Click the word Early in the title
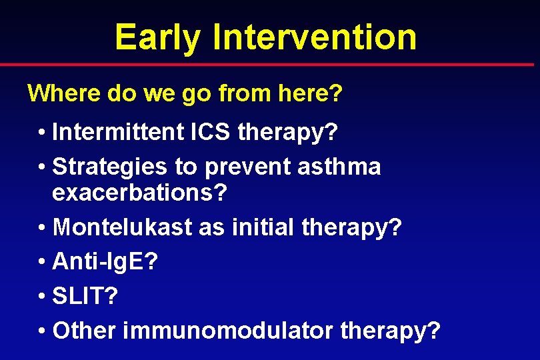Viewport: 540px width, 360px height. pyautogui.click(x=157, y=37)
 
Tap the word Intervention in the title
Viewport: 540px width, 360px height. pyautogui.click(x=315, y=37)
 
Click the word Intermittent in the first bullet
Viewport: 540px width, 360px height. pyautogui.click(x=117, y=132)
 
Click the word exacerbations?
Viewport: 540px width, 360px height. pyautogui.click(x=140, y=194)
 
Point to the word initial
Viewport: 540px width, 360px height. pyautogui.click(x=263, y=228)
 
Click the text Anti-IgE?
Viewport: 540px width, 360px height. pyautogui.click(x=105, y=262)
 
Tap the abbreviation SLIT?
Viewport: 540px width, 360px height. pyautogui.click(x=85, y=295)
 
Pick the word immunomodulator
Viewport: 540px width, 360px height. pyautogui.click(x=226, y=329)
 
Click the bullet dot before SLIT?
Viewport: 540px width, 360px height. pyautogui.click(x=42, y=297)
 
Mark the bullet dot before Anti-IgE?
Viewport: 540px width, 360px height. pyautogui.click(x=42, y=263)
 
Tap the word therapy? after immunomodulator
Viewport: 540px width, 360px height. pyautogui.click(x=391, y=330)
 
